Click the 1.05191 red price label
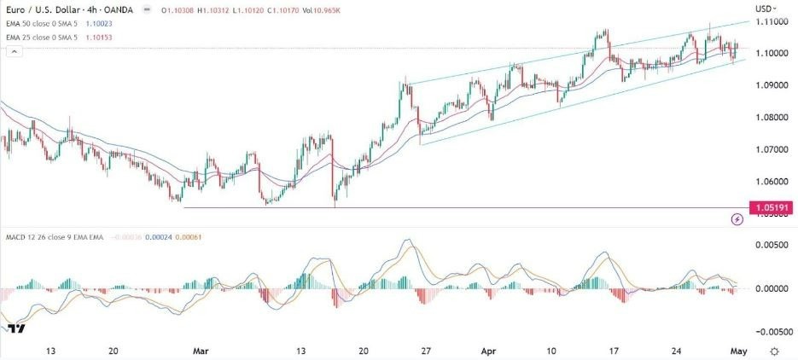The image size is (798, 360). click(x=769, y=207)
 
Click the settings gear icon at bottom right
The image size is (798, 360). click(x=774, y=351)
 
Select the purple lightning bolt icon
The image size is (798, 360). click(x=737, y=219)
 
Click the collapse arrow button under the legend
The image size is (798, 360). click(x=13, y=52)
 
